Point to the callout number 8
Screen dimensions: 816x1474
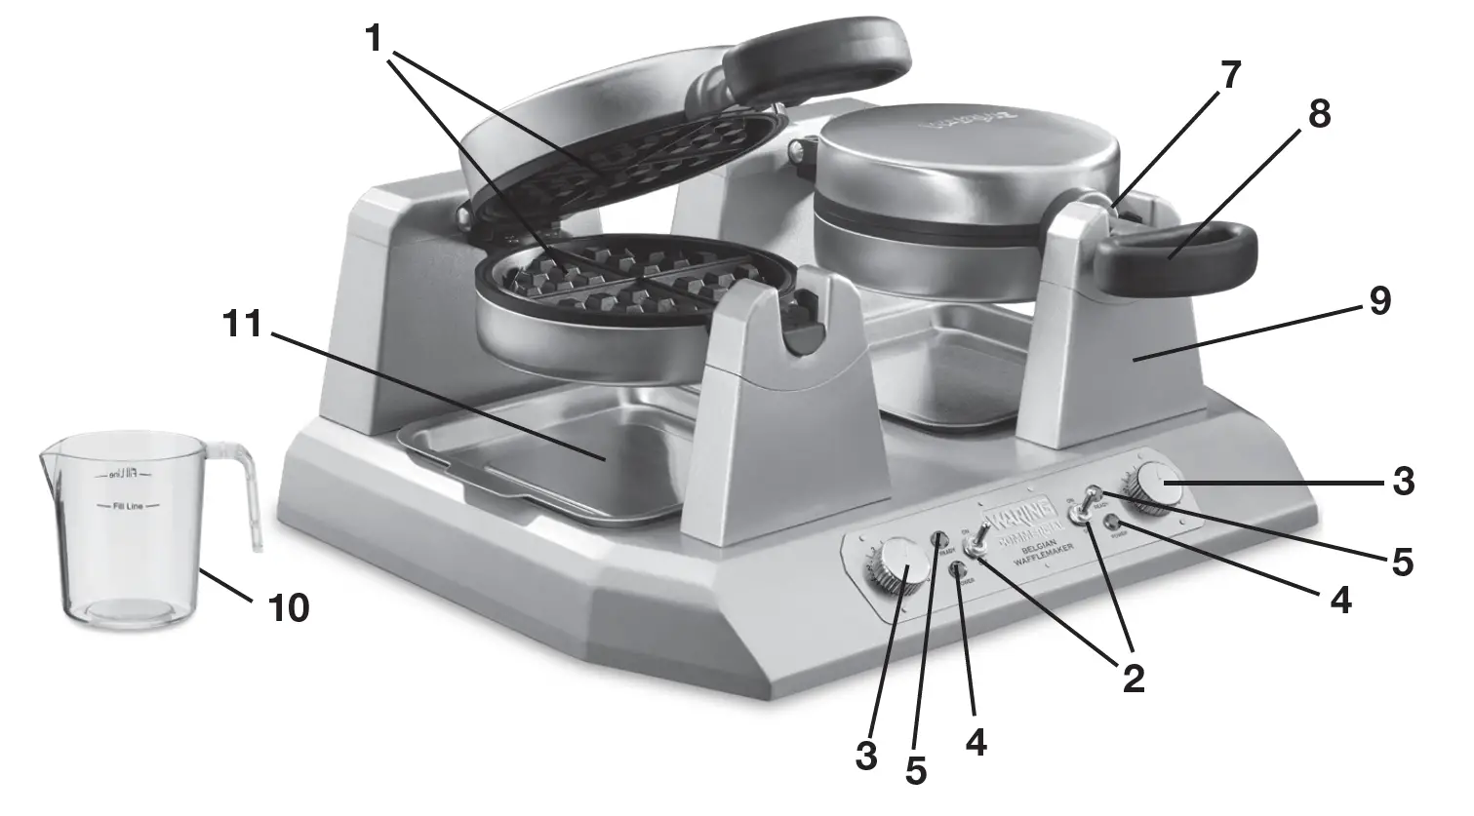[x=1318, y=114]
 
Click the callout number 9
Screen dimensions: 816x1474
[x=1377, y=301]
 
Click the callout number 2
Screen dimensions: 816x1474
[x=1132, y=679]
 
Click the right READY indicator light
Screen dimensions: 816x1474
[x=1095, y=492]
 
